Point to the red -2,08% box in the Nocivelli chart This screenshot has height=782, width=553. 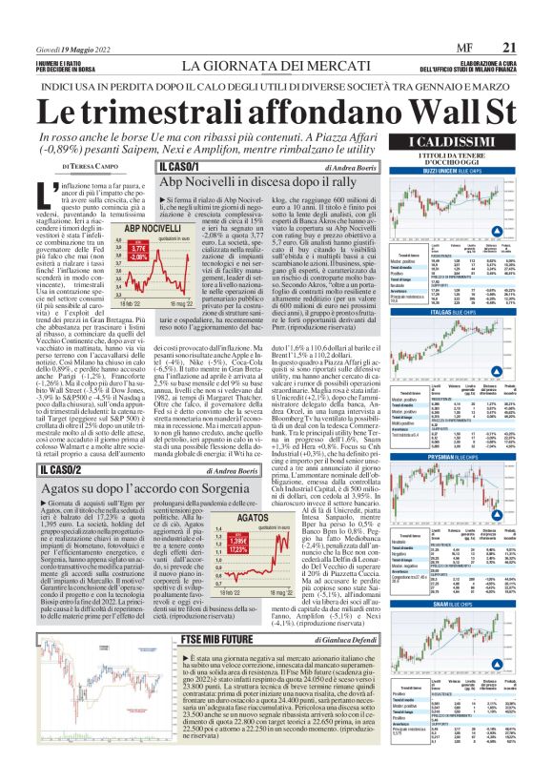(x=140, y=257)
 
